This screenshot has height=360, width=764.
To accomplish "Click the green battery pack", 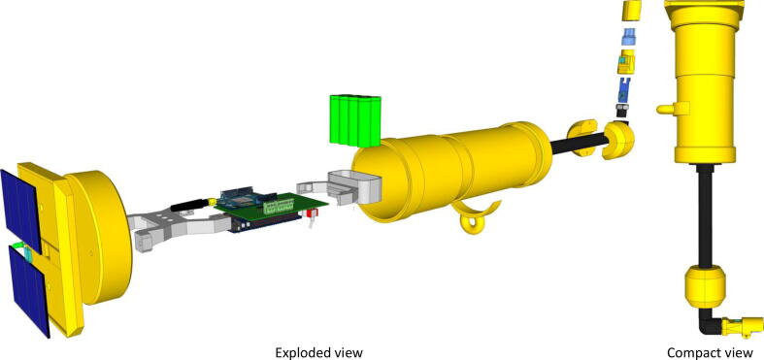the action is (354, 120).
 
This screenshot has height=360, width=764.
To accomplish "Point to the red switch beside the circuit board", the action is (309, 213).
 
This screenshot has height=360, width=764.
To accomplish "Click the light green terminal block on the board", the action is (279, 207).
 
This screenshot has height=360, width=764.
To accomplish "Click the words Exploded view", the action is (319, 352).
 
